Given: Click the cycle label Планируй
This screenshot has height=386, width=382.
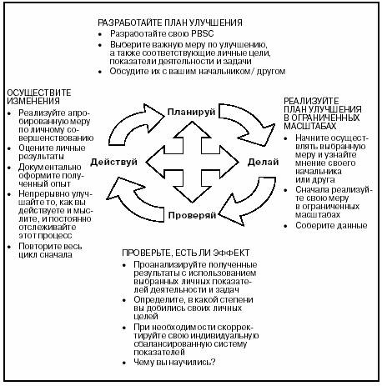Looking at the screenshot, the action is coord(191,113).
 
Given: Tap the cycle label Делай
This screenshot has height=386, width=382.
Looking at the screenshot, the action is coord(263,162).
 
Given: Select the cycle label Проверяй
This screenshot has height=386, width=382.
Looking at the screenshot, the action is coord(192,215).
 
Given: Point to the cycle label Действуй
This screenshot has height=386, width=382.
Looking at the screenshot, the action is coord(113,162).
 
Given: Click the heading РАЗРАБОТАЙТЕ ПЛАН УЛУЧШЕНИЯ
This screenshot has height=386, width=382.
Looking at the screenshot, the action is coord(170,23).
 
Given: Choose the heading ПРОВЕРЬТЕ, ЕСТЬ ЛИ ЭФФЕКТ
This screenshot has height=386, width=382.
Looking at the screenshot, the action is coord(185,253).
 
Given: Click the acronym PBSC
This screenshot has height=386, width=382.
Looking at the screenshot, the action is coord(203,33).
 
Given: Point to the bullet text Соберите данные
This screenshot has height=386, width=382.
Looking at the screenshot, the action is coord(331,225).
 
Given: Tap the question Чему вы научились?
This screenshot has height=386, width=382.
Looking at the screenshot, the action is coord(174,363).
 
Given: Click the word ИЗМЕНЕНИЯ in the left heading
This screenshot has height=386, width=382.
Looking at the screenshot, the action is coord(33,101).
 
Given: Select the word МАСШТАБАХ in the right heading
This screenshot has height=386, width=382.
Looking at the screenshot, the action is coord(310,126).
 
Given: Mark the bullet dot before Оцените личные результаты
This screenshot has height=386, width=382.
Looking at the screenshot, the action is coord(9,148).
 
